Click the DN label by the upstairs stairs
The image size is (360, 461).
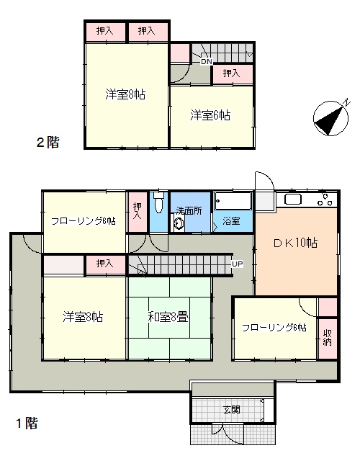(x=207, y=62)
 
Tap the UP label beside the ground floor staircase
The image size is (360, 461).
(x=238, y=264)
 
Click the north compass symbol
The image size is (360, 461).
(x=331, y=117)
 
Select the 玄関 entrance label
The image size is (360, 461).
(x=232, y=409)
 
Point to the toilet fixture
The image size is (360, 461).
(x=158, y=202)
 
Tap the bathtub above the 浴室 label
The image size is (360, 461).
(x=233, y=201)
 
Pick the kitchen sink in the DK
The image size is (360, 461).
(x=293, y=200)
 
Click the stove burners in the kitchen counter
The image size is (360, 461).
(x=325, y=200)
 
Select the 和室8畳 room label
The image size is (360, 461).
(x=168, y=318)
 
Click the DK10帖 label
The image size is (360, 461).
(x=296, y=243)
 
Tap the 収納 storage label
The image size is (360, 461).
(x=328, y=338)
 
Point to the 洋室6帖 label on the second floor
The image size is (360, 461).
(x=210, y=115)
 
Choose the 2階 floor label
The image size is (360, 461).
(x=48, y=143)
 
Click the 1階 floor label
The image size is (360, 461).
(x=27, y=424)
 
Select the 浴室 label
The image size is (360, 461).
(x=231, y=221)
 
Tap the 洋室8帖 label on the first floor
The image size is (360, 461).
(x=83, y=317)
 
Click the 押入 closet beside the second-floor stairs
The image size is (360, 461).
(x=233, y=73)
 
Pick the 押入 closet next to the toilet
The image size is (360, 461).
(x=138, y=211)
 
